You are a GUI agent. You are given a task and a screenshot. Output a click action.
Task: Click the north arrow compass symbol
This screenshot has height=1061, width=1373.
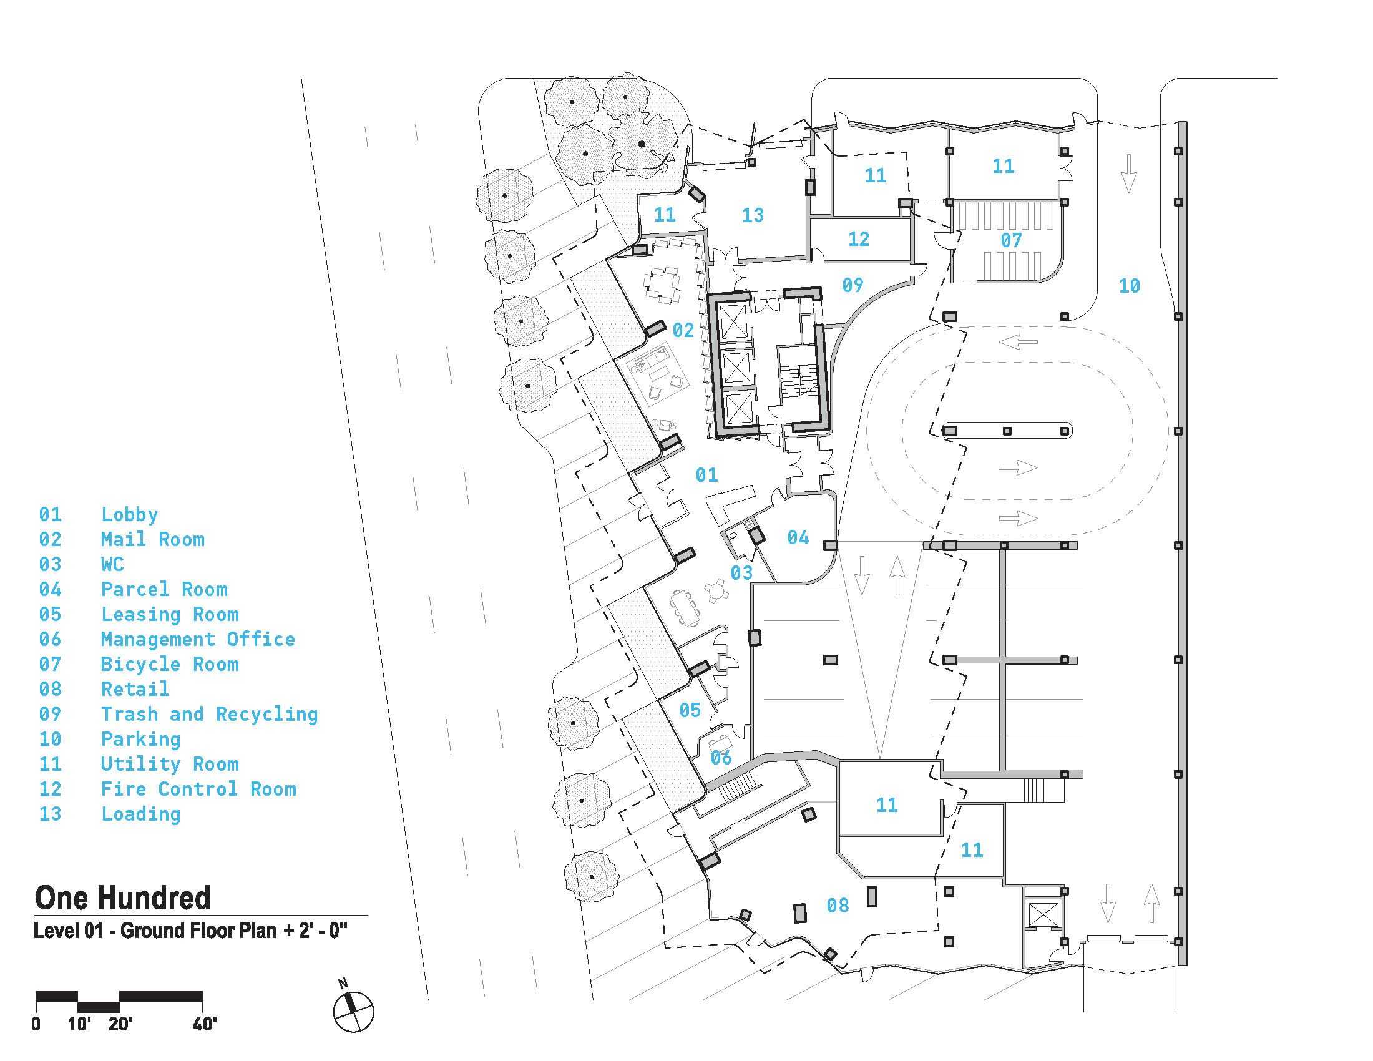[353, 1012]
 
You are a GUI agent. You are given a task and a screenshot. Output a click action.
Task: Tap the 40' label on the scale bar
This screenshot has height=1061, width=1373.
[203, 1025]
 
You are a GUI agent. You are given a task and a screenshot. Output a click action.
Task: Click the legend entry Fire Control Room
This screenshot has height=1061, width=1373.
[198, 789]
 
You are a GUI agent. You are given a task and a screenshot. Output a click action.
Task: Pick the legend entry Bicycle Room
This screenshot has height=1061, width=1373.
[170, 665]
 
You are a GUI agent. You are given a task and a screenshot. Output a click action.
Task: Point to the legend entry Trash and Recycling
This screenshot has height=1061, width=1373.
[209, 714]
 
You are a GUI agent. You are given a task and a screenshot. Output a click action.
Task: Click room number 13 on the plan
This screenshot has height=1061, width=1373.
[753, 215]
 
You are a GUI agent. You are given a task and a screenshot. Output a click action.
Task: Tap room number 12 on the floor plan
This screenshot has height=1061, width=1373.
[858, 239]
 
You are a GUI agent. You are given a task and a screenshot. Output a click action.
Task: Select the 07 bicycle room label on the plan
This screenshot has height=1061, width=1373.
[1011, 240]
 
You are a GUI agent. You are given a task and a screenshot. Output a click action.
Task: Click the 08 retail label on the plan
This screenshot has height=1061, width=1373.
[838, 906]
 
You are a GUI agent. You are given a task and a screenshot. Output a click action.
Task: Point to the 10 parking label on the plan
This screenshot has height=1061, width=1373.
[1129, 286]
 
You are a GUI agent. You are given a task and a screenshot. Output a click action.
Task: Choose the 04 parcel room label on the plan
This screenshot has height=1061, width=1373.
[798, 537]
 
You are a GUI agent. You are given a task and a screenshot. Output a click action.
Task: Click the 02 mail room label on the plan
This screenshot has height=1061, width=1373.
[683, 330]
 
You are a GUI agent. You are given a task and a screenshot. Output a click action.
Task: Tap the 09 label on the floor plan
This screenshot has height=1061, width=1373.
[853, 285]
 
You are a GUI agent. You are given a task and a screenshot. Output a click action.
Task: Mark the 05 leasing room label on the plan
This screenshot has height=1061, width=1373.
[690, 710]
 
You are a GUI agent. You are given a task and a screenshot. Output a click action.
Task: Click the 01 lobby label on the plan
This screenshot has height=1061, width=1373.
[706, 475]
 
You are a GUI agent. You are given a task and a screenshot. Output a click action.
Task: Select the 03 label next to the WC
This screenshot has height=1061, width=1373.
[741, 572]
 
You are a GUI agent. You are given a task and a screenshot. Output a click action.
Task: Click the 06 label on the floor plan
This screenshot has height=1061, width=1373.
[720, 758]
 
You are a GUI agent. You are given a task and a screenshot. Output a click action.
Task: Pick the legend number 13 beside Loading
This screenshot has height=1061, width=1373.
[51, 814]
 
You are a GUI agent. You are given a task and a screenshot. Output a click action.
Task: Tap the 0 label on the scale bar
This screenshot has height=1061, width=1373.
[36, 1025]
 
